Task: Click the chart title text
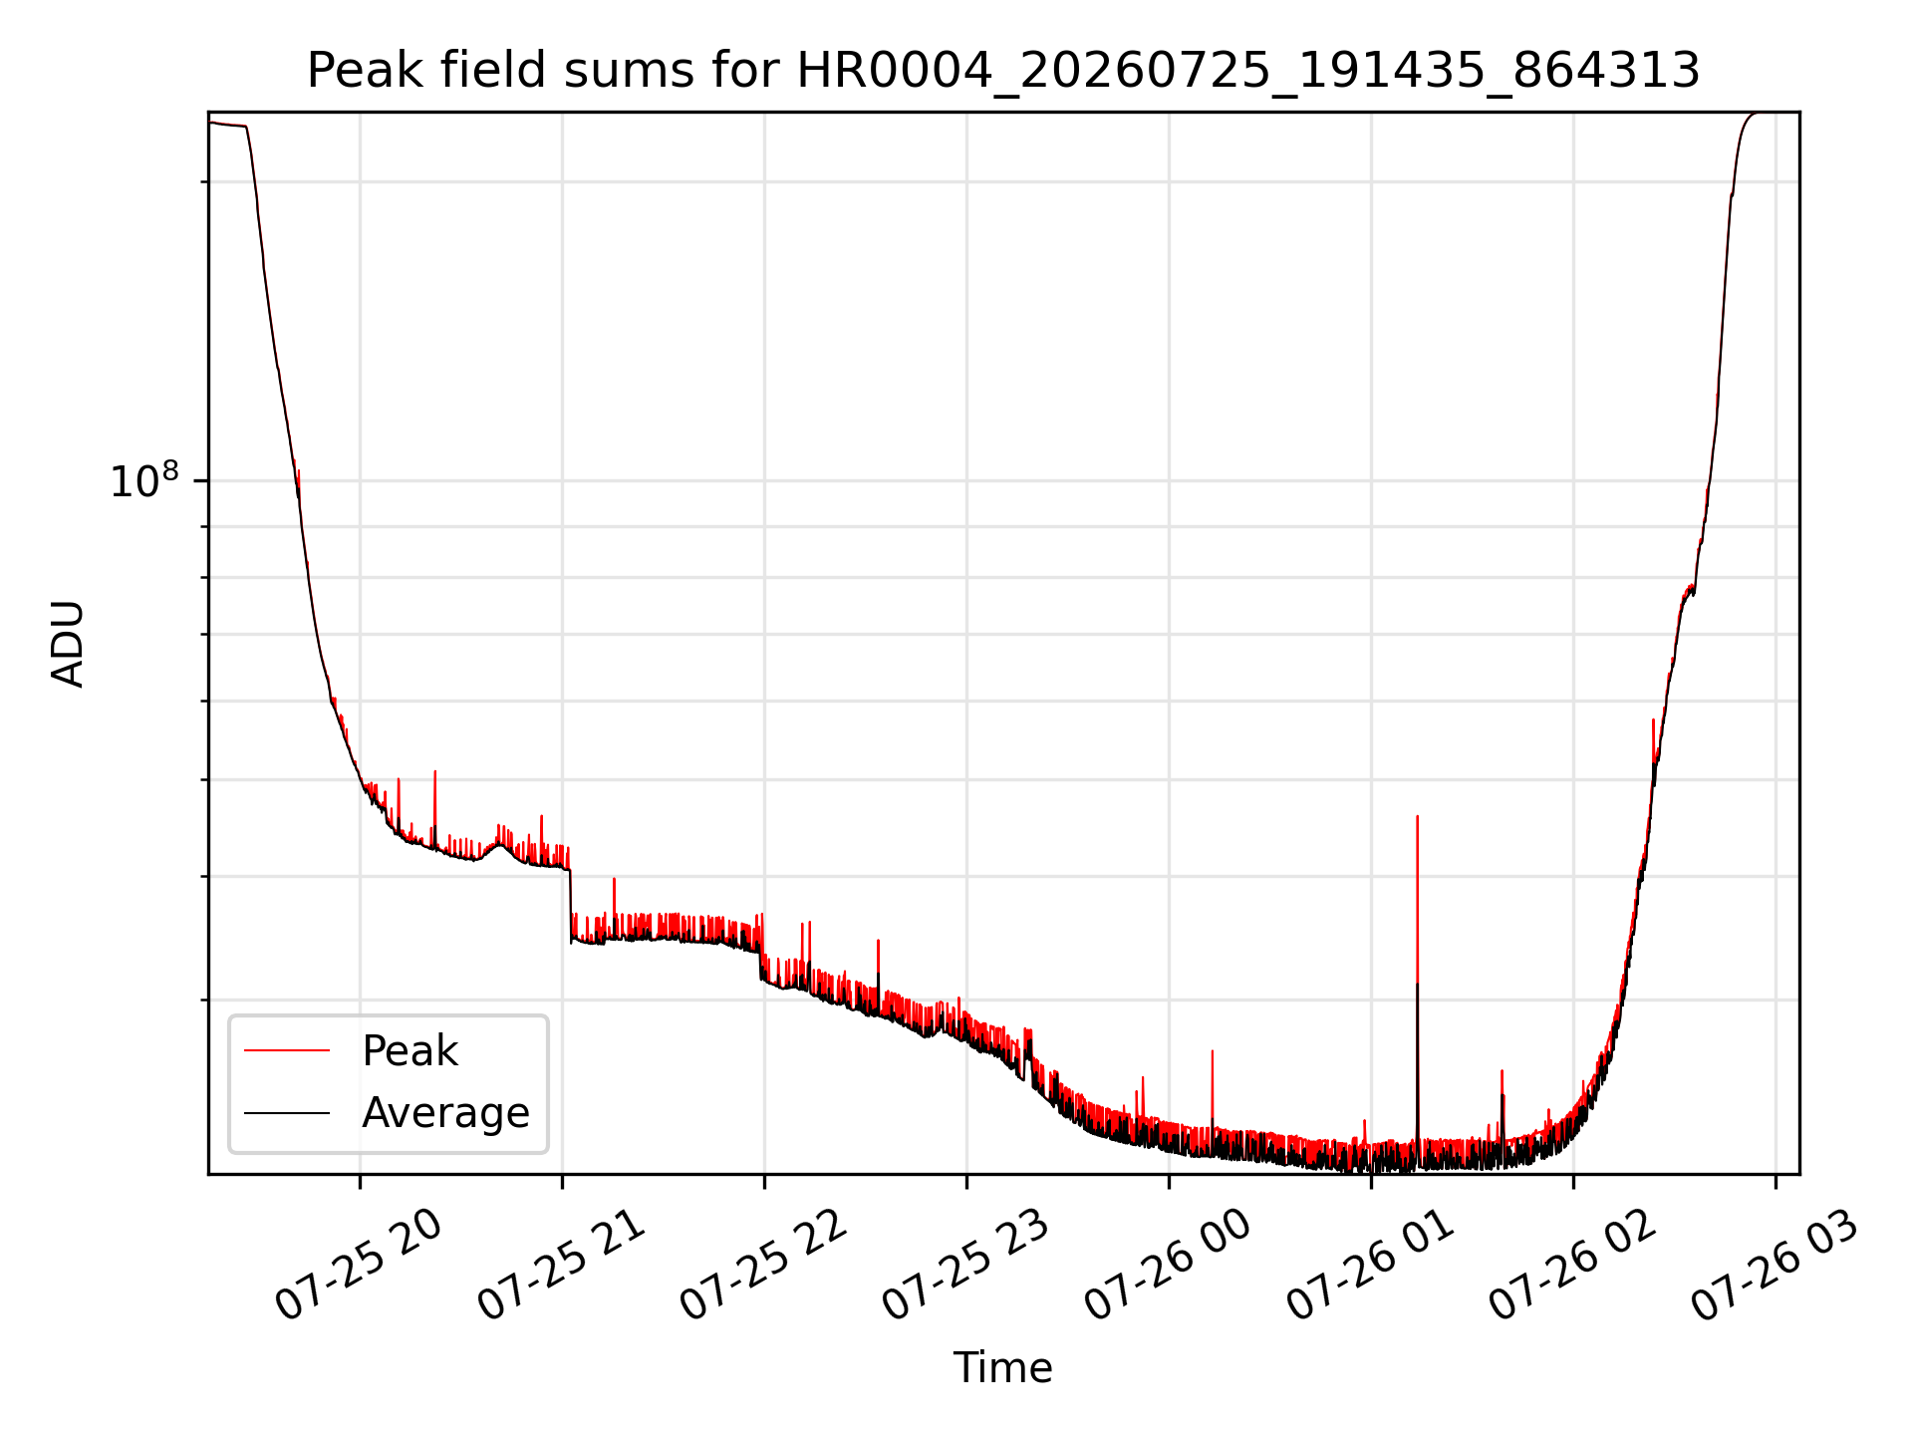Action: [1003, 71]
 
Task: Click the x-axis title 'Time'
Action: [1003, 1368]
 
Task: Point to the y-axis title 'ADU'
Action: [68, 643]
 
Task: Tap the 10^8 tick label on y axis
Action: [144, 480]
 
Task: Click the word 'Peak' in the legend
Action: [410, 1051]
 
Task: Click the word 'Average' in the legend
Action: [445, 1113]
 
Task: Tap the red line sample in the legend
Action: [287, 1050]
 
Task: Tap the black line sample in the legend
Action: [287, 1112]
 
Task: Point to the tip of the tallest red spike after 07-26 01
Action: [1417, 816]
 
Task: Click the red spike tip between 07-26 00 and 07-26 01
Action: [1212, 1050]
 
